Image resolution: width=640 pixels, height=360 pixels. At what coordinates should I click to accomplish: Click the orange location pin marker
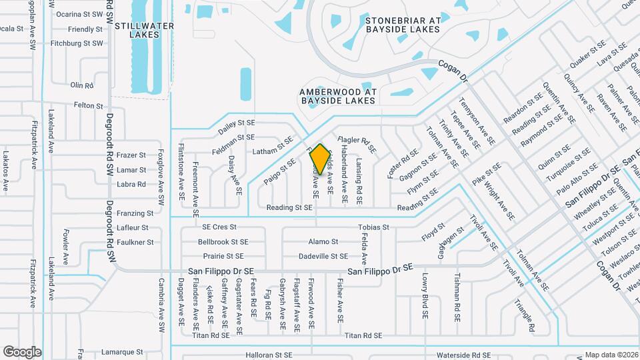click(320, 159)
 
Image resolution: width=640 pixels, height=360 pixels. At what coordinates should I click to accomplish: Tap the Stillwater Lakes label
click(144, 31)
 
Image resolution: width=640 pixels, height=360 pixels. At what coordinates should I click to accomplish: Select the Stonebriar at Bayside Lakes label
click(403, 25)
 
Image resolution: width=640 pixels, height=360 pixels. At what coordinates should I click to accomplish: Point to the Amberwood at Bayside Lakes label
click(337, 96)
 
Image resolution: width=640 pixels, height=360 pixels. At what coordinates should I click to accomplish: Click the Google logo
click(22, 352)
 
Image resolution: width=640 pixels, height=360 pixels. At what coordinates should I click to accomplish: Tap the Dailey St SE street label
click(237, 123)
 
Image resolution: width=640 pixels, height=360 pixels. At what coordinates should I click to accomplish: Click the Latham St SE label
click(273, 152)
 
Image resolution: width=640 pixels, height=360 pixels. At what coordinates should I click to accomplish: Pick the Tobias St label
click(373, 227)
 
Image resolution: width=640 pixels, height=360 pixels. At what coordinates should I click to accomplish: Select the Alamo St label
click(323, 242)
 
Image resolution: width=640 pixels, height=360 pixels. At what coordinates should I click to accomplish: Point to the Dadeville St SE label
click(323, 256)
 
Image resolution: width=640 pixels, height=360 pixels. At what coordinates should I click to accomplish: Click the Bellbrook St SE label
click(223, 242)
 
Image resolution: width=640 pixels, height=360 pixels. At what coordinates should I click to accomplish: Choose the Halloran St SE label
click(269, 355)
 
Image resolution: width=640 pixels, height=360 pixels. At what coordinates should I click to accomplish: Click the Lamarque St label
click(122, 351)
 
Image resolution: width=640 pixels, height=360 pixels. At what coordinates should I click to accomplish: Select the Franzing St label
click(135, 213)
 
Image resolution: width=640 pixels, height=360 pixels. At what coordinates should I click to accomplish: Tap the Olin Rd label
click(82, 85)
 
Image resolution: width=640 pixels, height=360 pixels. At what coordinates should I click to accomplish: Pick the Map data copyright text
click(611, 355)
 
